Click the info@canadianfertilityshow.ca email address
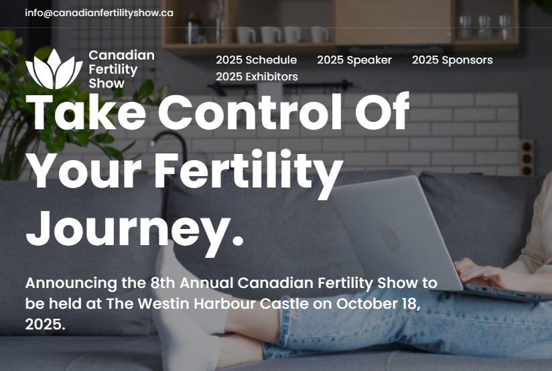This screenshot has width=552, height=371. [99, 13]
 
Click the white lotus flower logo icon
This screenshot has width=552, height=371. [54, 69]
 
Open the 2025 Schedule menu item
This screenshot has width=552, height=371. [257, 60]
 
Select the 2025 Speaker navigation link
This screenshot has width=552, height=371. [354, 60]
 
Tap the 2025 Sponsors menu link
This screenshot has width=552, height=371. [452, 60]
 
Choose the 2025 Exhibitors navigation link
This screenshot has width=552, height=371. [257, 76]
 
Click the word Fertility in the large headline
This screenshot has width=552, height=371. [249, 170]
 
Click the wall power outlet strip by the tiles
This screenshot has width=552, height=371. [527, 157]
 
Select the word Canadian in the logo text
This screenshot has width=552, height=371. [121, 56]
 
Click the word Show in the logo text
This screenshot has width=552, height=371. [107, 84]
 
